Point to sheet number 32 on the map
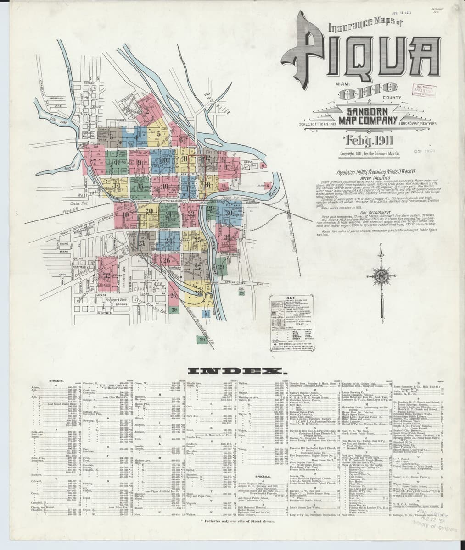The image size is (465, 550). [107, 275]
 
